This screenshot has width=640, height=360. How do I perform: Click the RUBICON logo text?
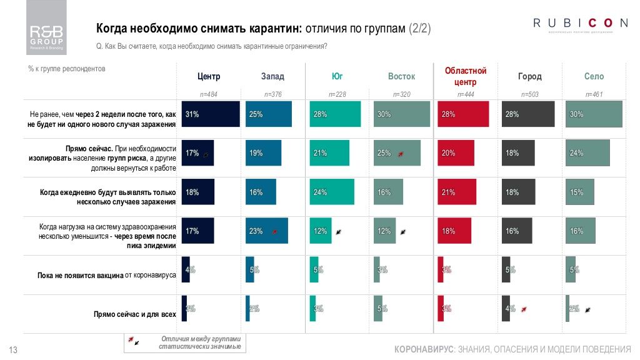(x=580, y=23)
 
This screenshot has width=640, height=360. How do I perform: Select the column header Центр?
(x=209, y=77)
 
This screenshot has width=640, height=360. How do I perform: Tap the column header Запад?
(x=272, y=77)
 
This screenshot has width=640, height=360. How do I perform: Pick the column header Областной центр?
(x=465, y=76)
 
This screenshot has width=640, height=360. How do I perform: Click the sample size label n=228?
(x=337, y=94)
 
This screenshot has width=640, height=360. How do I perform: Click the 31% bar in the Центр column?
(x=211, y=114)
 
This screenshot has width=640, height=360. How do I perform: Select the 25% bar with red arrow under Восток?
(x=396, y=153)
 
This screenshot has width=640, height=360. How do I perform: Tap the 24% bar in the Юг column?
(x=332, y=192)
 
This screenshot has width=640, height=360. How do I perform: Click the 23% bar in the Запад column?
(x=266, y=231)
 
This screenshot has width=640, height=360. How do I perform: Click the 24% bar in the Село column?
(x=587, y=153)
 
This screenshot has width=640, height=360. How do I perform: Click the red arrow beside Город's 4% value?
(x=524, y=309)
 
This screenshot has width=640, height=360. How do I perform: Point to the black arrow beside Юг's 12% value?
(x=338, y=231)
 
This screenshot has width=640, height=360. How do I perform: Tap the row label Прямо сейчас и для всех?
(x=134, y=314)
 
